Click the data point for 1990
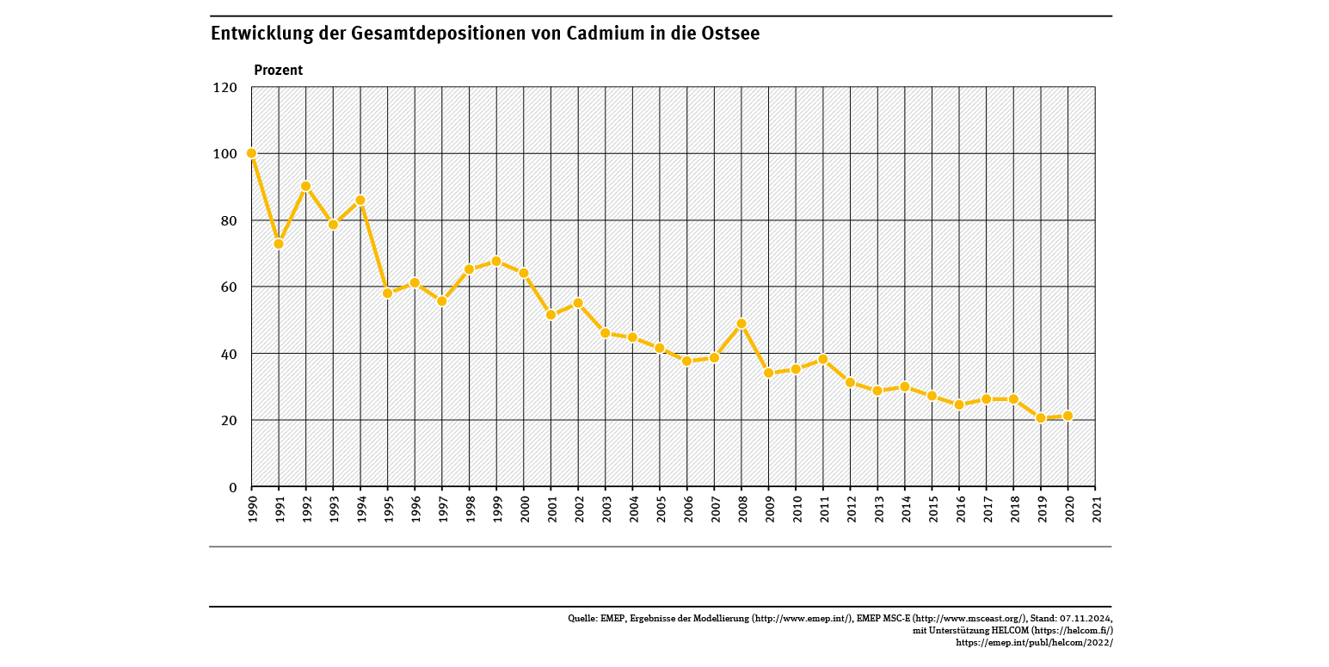click(x=251, y=153)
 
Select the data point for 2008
click(x=741, y=324)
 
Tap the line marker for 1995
click(x=388, y=293)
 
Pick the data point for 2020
click(x=1068, y=416)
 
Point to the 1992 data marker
click(x=306, y=186)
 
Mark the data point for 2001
click(x=551, y=315)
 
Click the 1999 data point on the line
click(x=496, y=261)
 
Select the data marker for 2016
click(x=959, y=405)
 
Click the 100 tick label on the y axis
click(x=225, y=154)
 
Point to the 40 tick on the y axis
click(x=228, y=354)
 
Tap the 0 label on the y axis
click(x=232, y=488)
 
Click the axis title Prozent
click(x=278, y=71)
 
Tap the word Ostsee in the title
click(x=729, y=34)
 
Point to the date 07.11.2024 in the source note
click(x=1086, y=619)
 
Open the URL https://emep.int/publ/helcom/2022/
click(x=1034, y=643)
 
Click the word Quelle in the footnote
click(x=582, y=619)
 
